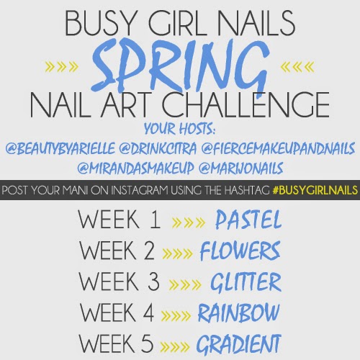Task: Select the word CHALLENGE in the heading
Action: (x=246, y=105)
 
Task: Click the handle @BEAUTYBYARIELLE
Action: (x=60, y=148)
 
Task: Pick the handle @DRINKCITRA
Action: (x=158, y=148)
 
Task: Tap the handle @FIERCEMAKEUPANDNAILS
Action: (x=278, y=148)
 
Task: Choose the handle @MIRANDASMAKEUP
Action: (x=135, y=168)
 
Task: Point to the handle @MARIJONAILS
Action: (x=241, y=168)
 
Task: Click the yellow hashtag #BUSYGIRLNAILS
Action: (x=315, y=190)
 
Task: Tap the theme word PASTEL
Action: (x=248, y=220)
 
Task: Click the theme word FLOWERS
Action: (x=240, y=251)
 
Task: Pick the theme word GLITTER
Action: (x=246, y=282)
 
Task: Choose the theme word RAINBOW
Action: (x=238, y=312)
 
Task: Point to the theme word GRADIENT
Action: (x=238, y=344)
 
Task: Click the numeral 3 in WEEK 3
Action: (x=153, y=282)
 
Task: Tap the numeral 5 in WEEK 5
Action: (x=148, y=343)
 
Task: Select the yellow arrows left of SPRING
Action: (x=62, y=67)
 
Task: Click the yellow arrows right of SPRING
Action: (x=297, y=67)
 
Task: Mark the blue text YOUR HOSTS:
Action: (x=179, y=128)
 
